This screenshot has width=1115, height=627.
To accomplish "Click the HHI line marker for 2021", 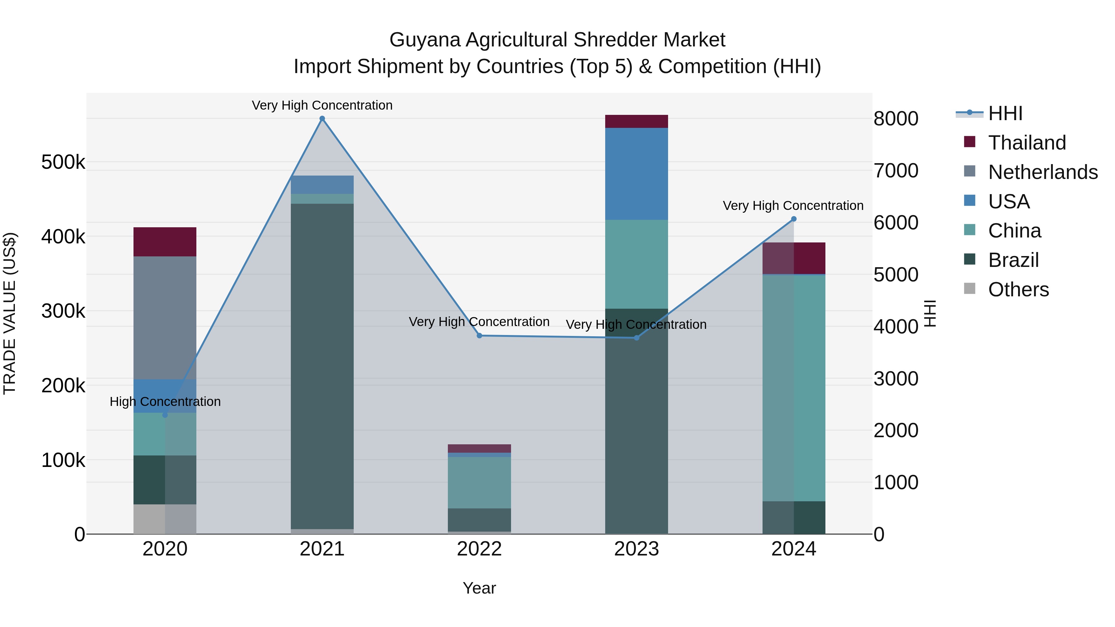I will click(x=322, y=119).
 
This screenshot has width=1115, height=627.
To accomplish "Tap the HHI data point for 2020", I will click(x=165, y=415).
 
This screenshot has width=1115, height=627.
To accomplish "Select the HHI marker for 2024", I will click(x=794, y=219).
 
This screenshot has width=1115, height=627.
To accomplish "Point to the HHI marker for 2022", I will click(x=479, y=336).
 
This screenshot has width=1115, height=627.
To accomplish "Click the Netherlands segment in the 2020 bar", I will click(x=165, y=318).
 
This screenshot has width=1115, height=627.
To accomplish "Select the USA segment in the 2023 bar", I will click(x=636, y=173).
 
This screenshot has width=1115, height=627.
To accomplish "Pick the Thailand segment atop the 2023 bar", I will click(x=636, y=121).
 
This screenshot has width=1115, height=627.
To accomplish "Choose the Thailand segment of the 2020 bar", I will click(x=165, y=242).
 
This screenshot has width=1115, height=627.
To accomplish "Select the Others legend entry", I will click(x=1018, y=290).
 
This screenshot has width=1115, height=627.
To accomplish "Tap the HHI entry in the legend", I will click(x=1005, y=113).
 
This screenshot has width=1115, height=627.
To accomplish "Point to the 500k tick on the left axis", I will click(x=63, y=162).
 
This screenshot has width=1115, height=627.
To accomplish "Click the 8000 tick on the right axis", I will click(x=895, y=119).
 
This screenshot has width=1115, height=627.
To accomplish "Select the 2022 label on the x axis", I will click(x=479, y=549).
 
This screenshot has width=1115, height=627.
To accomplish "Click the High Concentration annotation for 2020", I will click(x=165, y=402).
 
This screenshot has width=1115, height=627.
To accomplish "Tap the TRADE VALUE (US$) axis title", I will click(x=10, y=313).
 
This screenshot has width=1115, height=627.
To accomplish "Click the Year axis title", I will click(x=479, y=588).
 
